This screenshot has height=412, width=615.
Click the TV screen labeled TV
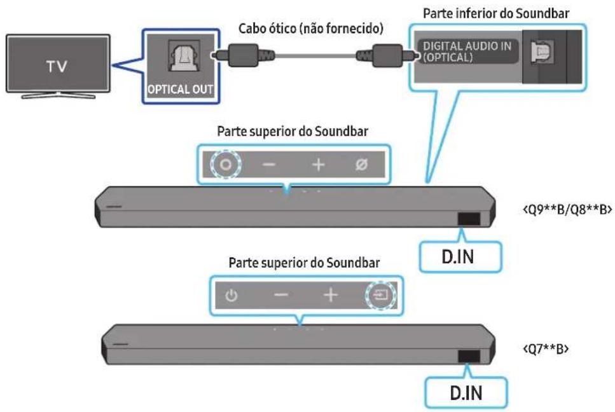pos(58,64)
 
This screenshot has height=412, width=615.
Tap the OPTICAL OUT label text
pos(180,90)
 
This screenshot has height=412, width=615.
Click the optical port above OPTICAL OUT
pos(184,57)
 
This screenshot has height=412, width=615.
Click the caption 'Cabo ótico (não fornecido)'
pos(310,28)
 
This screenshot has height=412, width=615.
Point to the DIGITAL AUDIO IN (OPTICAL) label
pos(467,52)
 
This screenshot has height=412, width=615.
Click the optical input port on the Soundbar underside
pos(542,52)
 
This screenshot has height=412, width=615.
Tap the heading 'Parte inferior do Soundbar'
pos(496,13)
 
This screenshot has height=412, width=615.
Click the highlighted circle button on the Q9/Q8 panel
pos(226,164)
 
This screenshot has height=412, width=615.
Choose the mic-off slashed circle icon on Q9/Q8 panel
pos(361,164)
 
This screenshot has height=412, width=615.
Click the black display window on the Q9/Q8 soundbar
pos(469,219)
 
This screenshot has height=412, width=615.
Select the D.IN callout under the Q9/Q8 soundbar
pos(460,257)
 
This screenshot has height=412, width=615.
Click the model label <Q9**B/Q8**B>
pos(567,210)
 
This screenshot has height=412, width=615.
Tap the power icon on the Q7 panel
pos(231,295)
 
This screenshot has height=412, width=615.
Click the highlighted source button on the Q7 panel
pos(380,295)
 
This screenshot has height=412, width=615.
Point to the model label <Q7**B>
pos(546,348)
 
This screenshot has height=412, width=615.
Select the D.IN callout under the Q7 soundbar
pos(466,393)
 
